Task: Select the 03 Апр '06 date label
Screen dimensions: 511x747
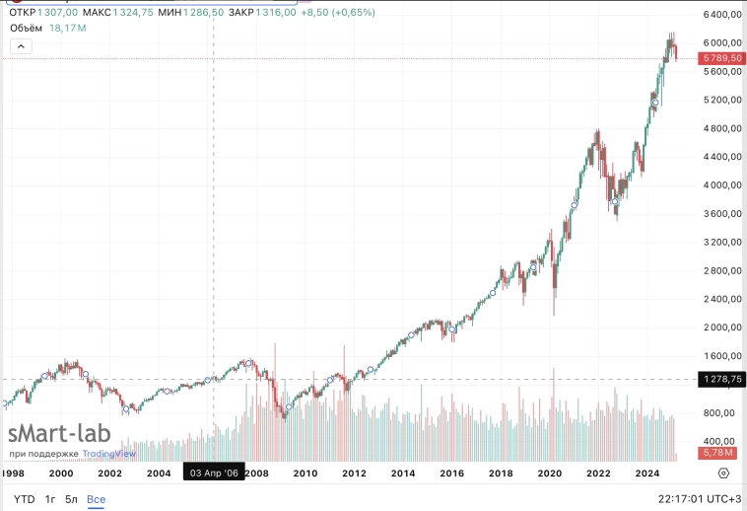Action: (x=214, y=474)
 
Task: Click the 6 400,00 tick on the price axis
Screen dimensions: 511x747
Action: (x=722, y=16)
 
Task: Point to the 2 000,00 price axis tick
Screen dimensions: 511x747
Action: (x=722, y=328)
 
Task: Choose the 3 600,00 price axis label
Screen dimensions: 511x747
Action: (x=722, y=214)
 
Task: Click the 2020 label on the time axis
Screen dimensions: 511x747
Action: (x=549, y=474)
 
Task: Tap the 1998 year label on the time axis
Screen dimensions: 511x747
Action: (x=13, y=474)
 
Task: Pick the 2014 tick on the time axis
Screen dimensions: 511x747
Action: (x=403, y=474)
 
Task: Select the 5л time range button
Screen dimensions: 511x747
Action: (x=70, y=499)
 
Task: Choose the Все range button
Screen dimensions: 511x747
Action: (x=96, y=499)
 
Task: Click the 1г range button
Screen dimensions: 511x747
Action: (x=49, y=499)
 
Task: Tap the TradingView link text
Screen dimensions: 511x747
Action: (x=108, y=454)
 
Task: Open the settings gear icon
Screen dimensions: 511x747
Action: (x=723, y=474)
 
